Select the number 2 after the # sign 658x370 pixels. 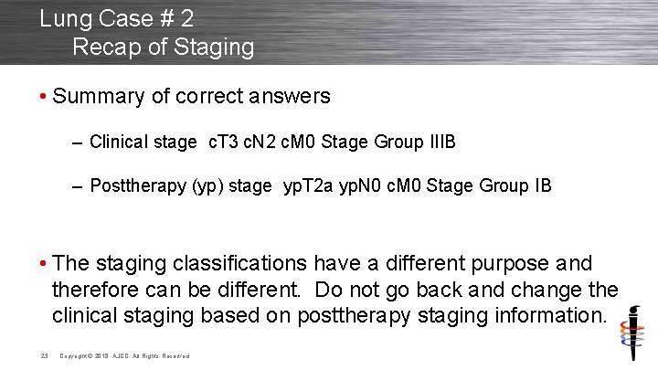[186, 17]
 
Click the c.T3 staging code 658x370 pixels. [224, 142]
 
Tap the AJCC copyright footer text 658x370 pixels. [125, 355]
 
